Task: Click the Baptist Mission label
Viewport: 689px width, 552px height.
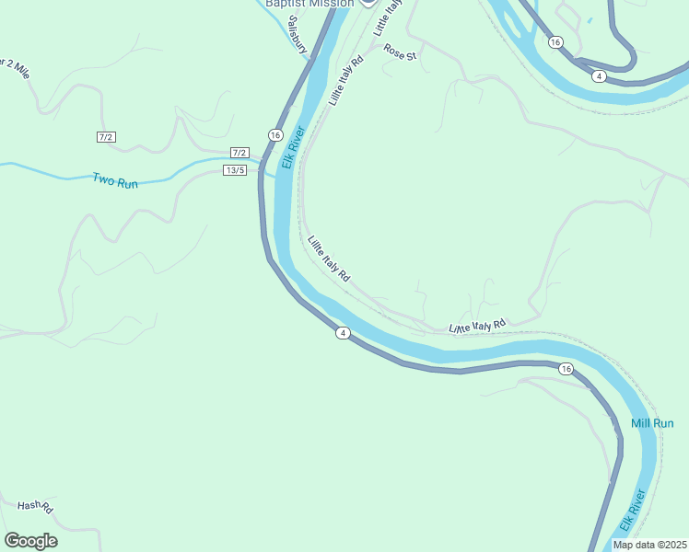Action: click(309, 4)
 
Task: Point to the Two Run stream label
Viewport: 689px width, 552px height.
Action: click(115, 181)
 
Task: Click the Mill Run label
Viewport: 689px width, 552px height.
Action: click(652, 423)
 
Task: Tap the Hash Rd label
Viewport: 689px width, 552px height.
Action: click(35, 507)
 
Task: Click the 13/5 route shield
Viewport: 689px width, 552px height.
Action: click(235, 170)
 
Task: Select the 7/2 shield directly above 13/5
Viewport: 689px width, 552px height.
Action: click(239, 153)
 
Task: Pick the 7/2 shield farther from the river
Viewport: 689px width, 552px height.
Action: click(106, 137)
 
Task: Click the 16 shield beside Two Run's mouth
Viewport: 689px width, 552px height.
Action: click(275, 135)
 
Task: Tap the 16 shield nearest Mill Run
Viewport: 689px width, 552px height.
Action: click(566, 369)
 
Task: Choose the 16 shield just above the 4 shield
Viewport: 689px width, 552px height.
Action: click(555, 42)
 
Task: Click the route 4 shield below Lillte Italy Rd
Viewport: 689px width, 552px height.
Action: click(343, 333)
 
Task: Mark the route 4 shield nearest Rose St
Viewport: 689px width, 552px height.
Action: click(599, 75)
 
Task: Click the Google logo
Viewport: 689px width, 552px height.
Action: click(30, 541)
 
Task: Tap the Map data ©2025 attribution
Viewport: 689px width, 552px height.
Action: click(649, 545)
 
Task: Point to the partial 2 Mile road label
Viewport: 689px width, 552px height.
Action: click(15, 68)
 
